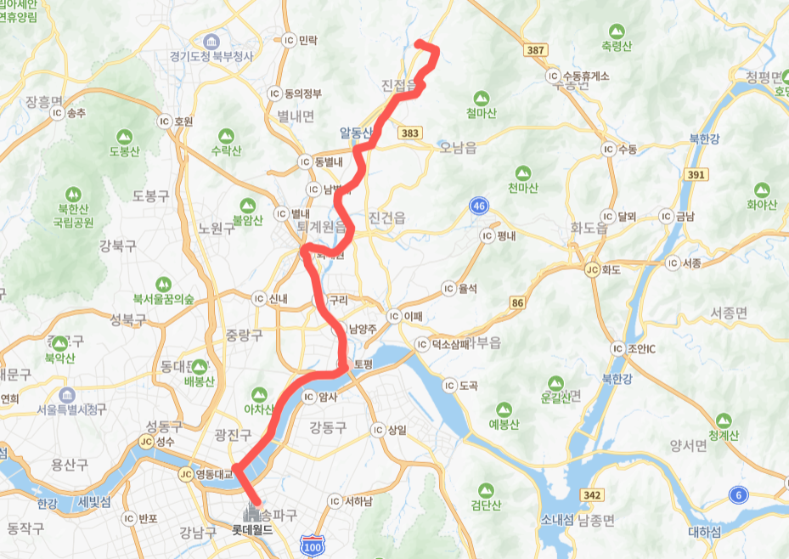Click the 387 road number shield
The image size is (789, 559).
(x=535, y=51)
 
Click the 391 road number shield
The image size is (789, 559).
(x=697, y=174)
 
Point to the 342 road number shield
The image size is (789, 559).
(x=592, y=494)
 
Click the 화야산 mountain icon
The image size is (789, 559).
(x=761, y=189)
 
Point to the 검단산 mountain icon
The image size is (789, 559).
(x=485, y=490)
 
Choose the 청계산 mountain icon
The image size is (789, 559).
(x=724, y=421)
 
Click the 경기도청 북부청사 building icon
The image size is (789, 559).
(x=209, y=42)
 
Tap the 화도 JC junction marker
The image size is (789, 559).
(x=592, y=269)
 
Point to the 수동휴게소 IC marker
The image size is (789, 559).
(x=554, y=76)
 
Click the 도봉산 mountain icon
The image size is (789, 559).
(x=124, y=136)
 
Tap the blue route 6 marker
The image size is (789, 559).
(x=739, y=494)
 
